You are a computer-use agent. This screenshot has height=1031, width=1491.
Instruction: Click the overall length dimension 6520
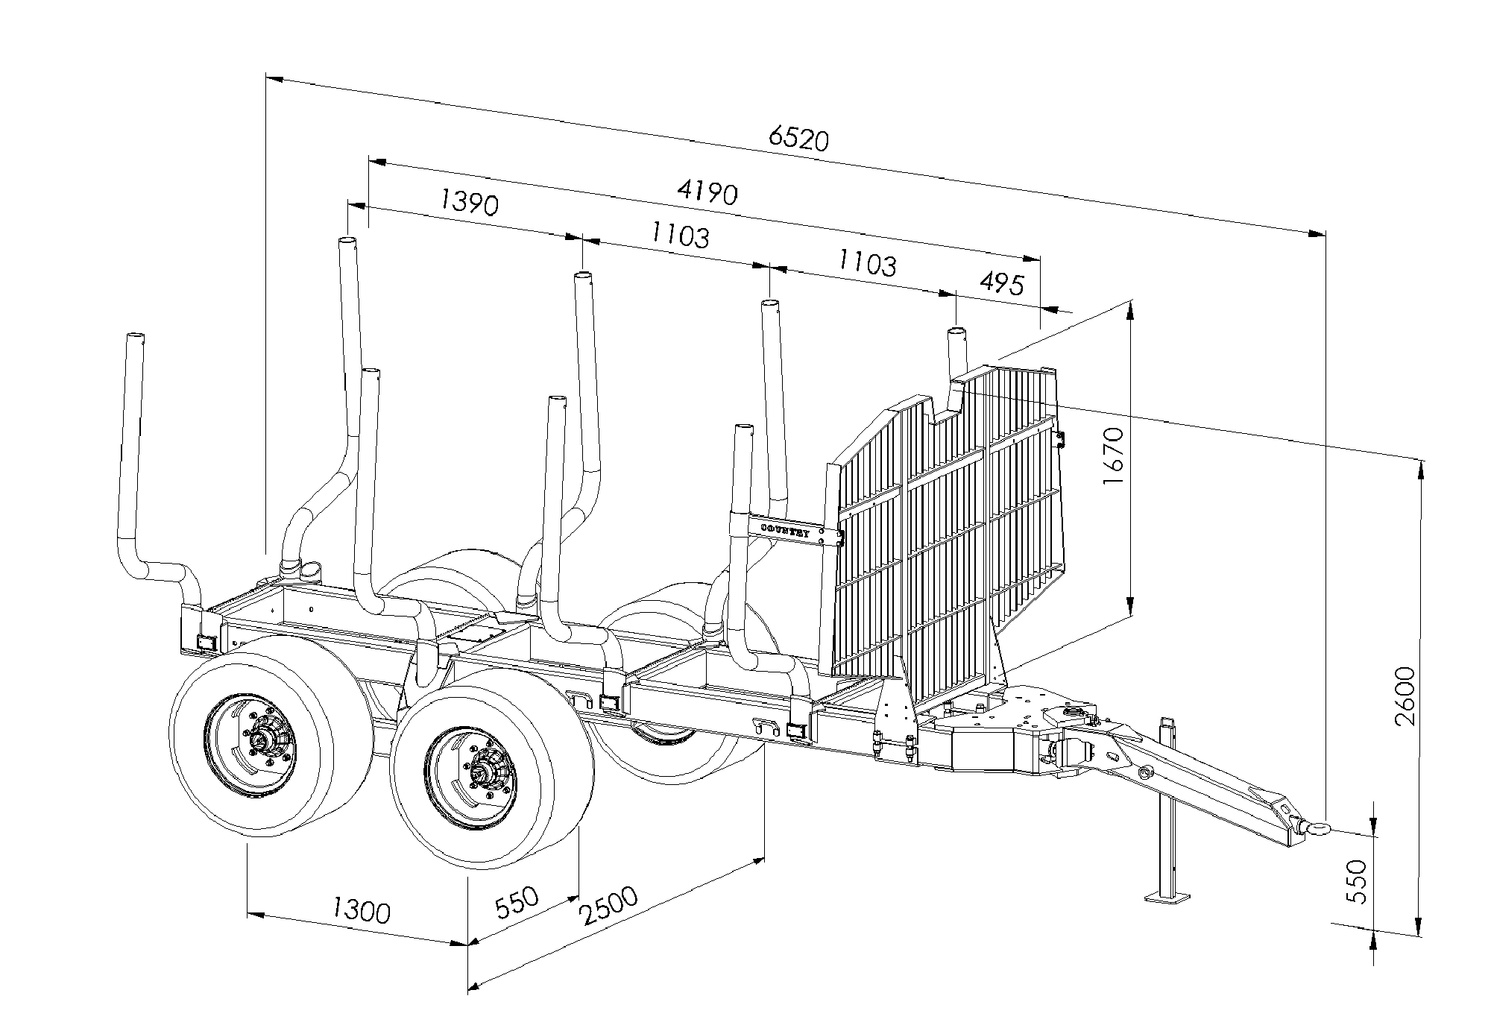click(798, 138)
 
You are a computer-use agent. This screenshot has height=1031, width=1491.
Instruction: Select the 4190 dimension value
click(707, 192)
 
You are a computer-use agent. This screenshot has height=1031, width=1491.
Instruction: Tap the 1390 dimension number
click(469, 202)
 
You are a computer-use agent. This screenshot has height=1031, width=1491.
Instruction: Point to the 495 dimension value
click(1002, 283)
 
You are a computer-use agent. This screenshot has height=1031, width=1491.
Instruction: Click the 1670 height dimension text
click(1114, 455)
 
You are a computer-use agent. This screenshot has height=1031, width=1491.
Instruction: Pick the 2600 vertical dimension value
click(1406, 696)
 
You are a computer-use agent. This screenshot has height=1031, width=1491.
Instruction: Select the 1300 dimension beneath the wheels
click(361, 911)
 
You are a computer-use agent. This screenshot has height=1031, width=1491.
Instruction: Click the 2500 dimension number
click(609, 906)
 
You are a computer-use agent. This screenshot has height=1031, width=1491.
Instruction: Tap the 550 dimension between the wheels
click(517, 903)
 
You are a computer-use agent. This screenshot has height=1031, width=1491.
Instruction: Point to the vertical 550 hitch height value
click(1359, 881)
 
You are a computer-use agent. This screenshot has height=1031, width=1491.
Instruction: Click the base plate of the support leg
click(1167, 895)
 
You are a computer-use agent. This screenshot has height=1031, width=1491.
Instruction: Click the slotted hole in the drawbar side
click(1112, 757)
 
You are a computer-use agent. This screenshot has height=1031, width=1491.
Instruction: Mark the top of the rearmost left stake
click(135, 337)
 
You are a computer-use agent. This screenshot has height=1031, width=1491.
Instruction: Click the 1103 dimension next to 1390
click(679, 236)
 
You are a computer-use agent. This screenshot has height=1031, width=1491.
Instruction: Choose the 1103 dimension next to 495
click(867, 262)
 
